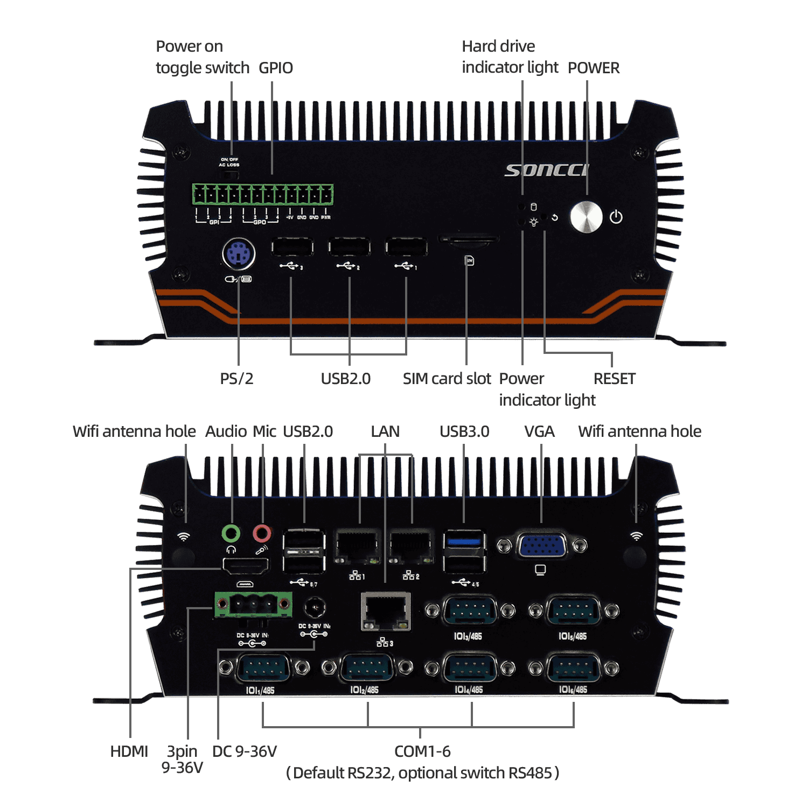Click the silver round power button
coord(586,218)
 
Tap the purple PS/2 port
coord(239,254)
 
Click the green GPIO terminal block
coord(263,194)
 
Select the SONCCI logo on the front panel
coord(546,170)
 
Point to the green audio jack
coord(231,533)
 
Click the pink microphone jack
coord(262,533)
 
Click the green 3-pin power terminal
coord(253,604)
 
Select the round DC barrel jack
coord(314,608)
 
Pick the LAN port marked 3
coord(385,611)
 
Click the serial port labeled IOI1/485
coord(262,668)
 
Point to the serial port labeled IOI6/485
coord(573,668)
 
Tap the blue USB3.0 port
coord(464,541)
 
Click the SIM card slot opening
coord(468,239)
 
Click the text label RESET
coord(614,379)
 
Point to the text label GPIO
coord(276,68)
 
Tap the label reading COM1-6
coord(422,751)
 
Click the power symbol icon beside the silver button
coord(616,217)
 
